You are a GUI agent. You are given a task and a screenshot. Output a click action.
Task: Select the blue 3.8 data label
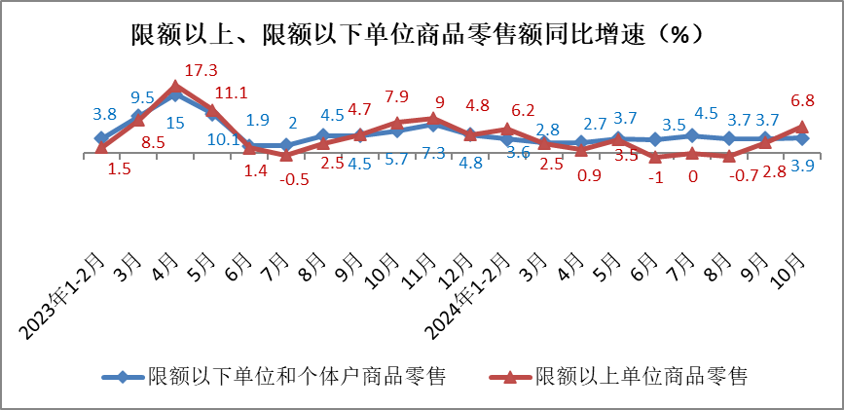point(105,113)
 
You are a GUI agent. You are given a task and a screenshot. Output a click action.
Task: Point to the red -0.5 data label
point(295,178)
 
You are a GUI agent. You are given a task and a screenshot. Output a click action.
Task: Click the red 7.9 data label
point(396,96)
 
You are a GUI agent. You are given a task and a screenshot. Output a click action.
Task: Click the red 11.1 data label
point(232,93)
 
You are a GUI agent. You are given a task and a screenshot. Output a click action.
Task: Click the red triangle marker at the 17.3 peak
point(175,87)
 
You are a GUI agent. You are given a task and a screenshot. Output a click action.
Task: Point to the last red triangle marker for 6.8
point(801,127)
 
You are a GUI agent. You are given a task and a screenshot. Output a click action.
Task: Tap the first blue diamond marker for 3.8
point(101,139)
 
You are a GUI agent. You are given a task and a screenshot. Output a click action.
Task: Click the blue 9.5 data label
point(143,97)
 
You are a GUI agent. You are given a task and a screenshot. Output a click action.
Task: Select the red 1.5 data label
point(121,168)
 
